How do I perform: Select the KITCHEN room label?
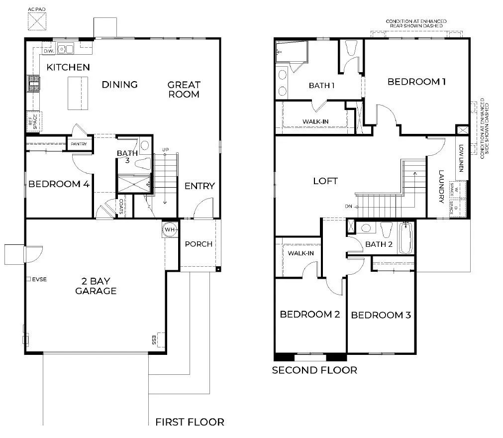pyautogui.click(x=68, y=67)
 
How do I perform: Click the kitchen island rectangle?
pyautogui.click(x=78, y=93)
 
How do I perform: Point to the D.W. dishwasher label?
pyautogui.click(x=49, y=51)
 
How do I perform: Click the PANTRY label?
pyautogui.click(x=79, y=144)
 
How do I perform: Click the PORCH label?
pyautogui.click(x=199, y=244)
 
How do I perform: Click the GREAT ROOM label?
pyautogui.click(x=184, y=90)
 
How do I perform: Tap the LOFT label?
pyautogui.click(x=325, y=181)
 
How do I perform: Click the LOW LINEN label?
pyautogui.click(x=461, y=158)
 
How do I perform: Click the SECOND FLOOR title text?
pyautogui.click(x=314, y=370)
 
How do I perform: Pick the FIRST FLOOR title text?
pyautogui.click(x=190, y=422)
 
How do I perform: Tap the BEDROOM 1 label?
pyautogui.click(x=416, y=82)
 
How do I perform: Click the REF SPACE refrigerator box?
pyautogui.click(x=33, y=121)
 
